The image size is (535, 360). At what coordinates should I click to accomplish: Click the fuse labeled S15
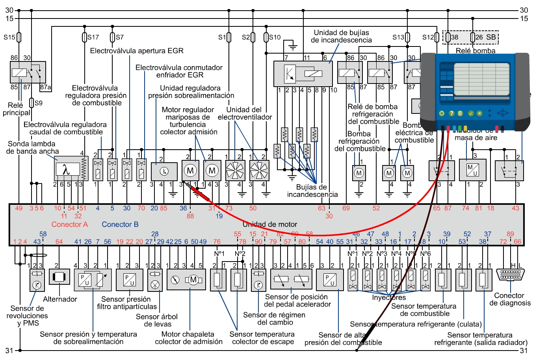point(19,37)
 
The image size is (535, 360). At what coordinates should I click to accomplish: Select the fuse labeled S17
point(84,37)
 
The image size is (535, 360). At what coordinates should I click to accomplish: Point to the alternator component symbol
point(59,277)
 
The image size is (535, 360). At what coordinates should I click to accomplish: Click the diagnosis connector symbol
point(510,274)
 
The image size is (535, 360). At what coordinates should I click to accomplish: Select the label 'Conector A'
point(69,225)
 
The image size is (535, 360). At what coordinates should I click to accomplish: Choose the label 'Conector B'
point(120,225)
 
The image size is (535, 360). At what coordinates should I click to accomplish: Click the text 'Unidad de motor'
point(269,225)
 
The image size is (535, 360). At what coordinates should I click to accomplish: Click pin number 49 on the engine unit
point(19,208)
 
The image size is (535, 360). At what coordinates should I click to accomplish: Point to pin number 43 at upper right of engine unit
point(515,208)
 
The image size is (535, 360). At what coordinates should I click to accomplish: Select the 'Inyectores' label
point(388,298)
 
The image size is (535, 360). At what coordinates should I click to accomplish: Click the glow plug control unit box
point(303,74)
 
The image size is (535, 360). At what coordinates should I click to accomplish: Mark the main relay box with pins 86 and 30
point(28,72)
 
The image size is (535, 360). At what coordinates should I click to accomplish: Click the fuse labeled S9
point(32,103)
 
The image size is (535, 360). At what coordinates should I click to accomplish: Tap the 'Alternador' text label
point(60,299)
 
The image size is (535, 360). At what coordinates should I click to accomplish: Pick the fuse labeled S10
point(266,37)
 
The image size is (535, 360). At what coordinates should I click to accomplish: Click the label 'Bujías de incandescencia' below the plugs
point(312,191)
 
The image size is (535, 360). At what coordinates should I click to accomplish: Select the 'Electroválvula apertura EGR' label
point(137,51)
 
